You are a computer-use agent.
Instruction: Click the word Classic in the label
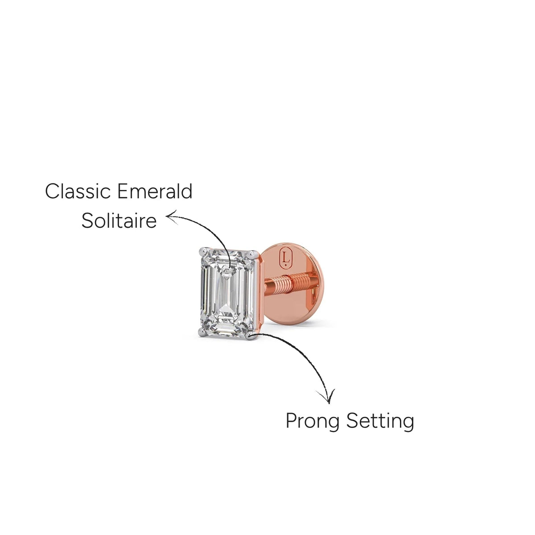[x=78, y=191]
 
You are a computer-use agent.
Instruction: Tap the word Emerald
[x=155, y=191]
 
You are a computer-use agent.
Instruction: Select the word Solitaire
[x=119, y=221]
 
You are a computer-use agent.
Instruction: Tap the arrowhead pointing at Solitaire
[x=172, y=217]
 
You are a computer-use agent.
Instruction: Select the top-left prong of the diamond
[x=203, y=251]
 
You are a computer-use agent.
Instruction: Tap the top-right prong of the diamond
[x=252, y=254]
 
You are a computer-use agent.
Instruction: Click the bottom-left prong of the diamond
[x=203, y=331]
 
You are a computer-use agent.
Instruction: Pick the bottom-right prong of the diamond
[x=250, y=335]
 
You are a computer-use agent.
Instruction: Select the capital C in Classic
[x=52, y=191]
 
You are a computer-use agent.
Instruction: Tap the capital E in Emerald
[x=123, y=191]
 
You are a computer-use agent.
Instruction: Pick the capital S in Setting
[x=353, y=421]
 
